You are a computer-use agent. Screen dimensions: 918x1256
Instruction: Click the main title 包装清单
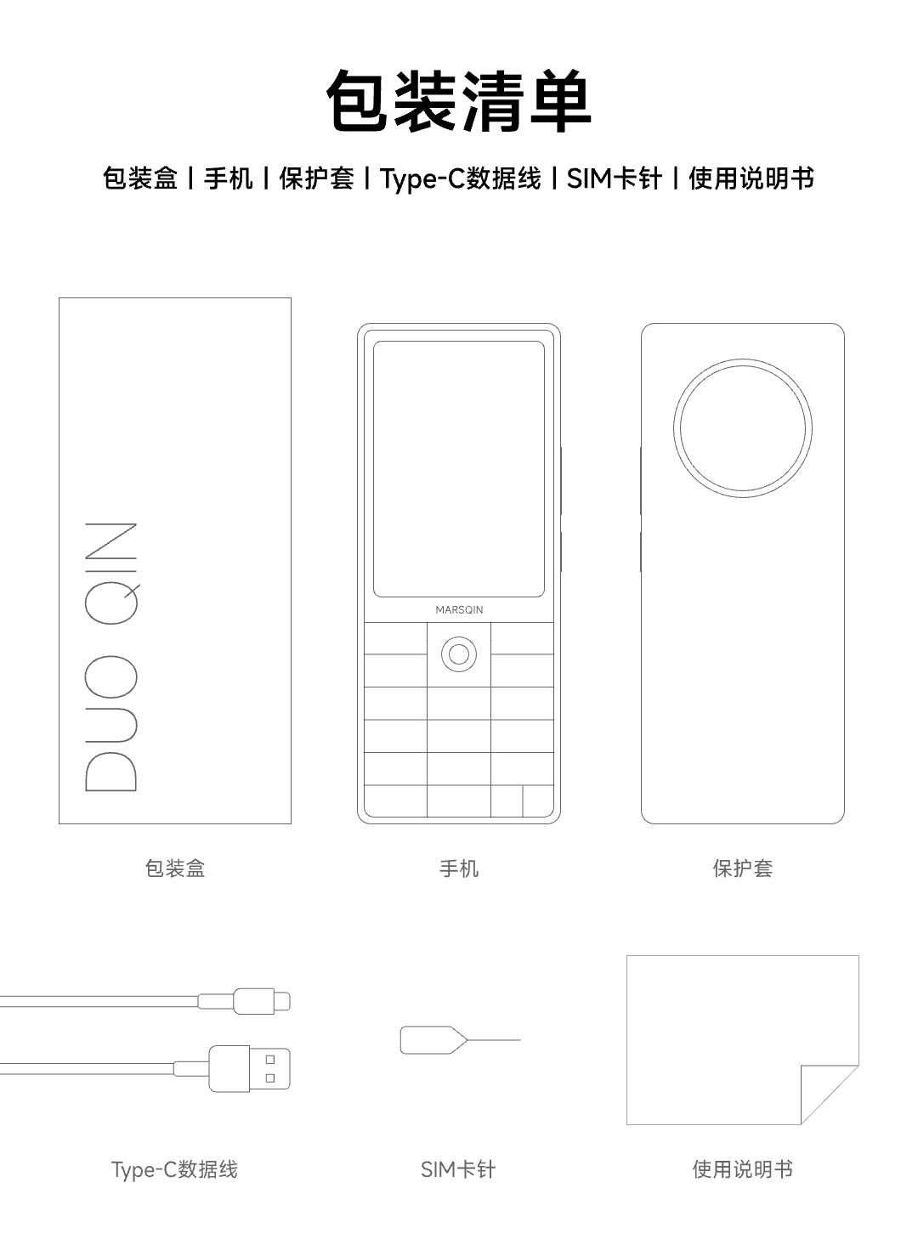459,101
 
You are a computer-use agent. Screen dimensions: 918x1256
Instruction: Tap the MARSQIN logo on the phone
459,610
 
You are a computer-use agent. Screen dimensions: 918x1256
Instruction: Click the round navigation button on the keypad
459,654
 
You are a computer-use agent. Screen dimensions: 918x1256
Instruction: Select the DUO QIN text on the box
111,657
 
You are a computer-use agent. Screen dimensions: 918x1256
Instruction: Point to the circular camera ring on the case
743,359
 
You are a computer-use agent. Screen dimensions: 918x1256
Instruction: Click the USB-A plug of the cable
249,1068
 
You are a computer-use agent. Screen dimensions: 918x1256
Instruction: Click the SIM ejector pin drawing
461,1040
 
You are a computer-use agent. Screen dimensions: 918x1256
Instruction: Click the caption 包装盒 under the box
175,868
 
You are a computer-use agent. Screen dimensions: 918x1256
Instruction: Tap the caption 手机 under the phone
459,868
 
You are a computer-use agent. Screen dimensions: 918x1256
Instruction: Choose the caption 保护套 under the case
743,868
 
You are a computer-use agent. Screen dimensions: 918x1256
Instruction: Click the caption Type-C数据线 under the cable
174,1169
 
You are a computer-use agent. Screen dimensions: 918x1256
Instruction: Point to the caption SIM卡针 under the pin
458,1169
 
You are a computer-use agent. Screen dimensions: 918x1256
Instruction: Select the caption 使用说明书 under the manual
743,1169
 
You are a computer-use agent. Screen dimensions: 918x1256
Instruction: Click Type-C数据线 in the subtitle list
461,178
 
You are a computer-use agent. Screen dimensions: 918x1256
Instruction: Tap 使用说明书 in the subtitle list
751,178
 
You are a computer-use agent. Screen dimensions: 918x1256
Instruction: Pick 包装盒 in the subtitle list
140,178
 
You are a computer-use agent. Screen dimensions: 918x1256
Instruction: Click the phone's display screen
459,469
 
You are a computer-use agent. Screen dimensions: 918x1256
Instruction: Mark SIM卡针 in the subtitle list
614,178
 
